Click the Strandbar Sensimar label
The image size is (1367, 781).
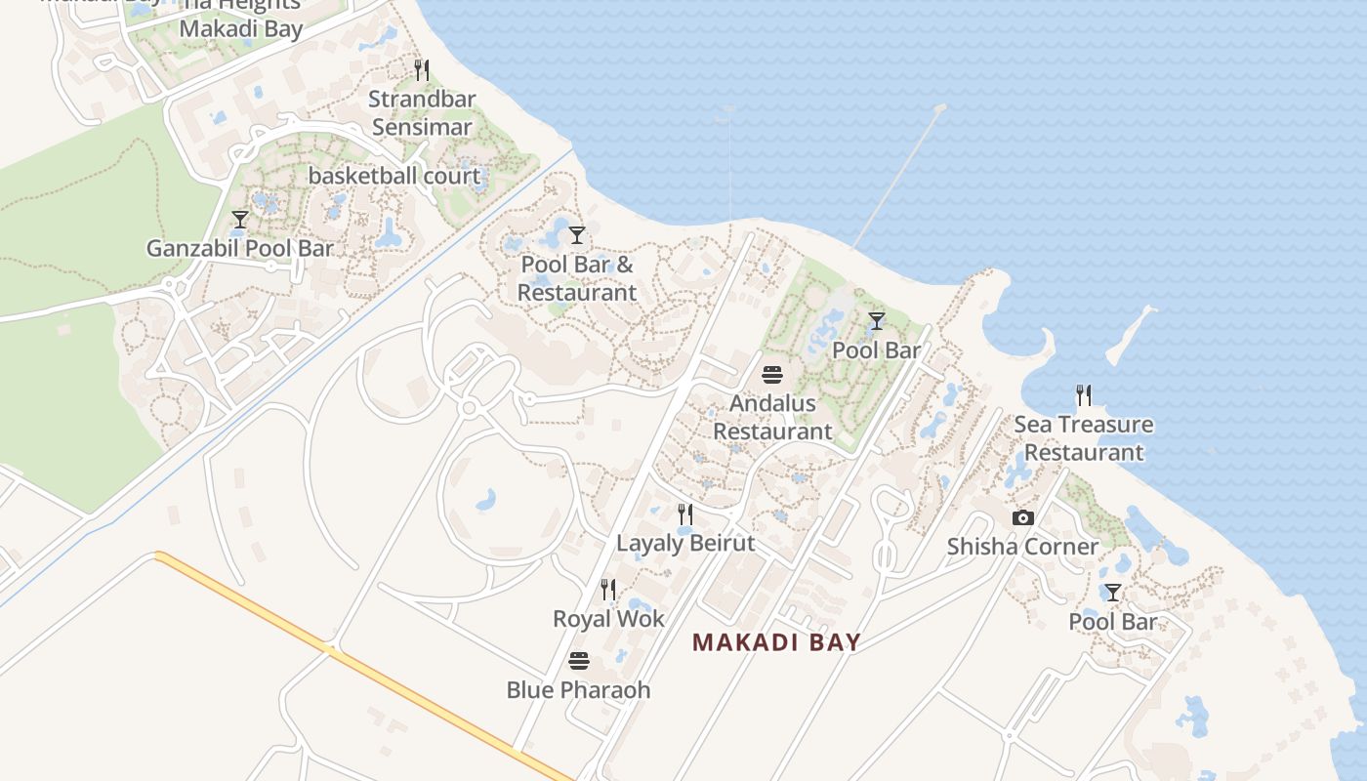point(422,113)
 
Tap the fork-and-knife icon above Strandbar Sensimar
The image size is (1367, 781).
point(422,70)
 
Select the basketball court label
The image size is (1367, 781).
point(394,177)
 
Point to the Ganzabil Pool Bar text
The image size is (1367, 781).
point(240,248)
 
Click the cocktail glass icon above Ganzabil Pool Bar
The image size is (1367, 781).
point(240,220)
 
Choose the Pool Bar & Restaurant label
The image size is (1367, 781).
point(577,278)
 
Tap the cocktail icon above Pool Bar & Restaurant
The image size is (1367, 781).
point(577,235)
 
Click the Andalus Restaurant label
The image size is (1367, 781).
point(772,417)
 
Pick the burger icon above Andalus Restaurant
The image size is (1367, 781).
point(772,375)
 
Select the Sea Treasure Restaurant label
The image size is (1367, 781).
point(1084,438)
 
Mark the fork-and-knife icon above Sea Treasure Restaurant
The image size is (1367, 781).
point(1084,395)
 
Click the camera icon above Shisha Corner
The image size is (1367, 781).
point(1022,518)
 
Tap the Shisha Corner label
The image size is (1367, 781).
point(1022,547)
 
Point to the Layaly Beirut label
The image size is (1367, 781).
point(685,543)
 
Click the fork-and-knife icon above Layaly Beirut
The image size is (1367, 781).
point(685,514)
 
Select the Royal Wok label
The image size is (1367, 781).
point(608,619)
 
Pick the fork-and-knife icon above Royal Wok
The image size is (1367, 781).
point(608,590)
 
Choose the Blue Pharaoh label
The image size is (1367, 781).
point(578,690)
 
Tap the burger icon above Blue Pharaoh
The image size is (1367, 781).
point(579,661)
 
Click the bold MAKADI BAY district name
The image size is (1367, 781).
point(776,642)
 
